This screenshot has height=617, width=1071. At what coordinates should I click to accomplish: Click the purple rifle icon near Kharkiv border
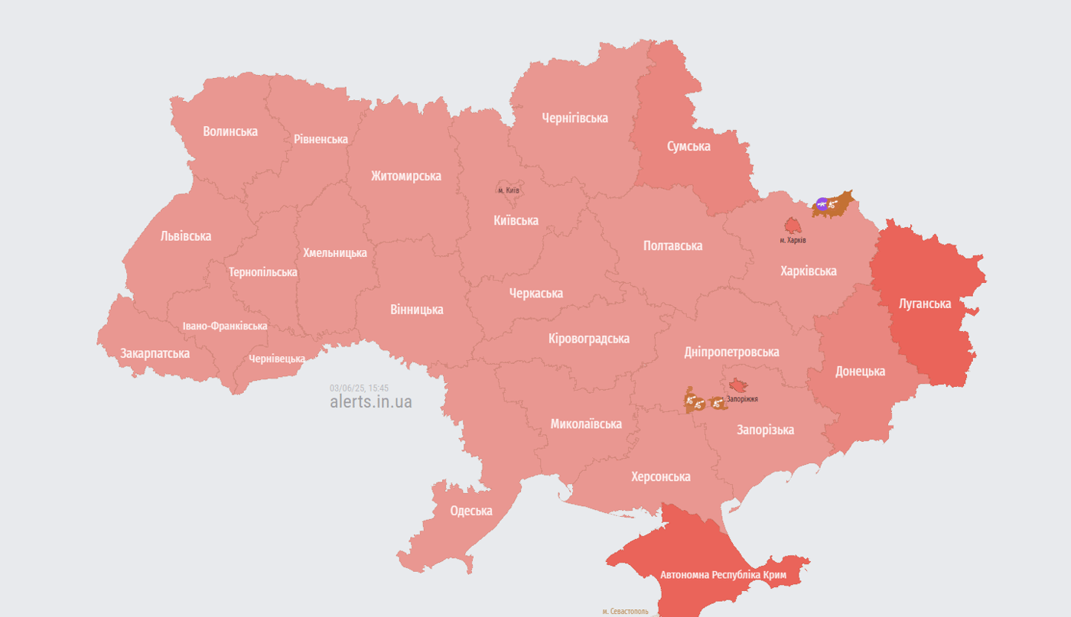point(822,204)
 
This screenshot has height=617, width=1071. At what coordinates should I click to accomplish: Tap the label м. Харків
point(793,240)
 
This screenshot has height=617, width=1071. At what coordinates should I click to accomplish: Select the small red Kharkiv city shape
point(792,226)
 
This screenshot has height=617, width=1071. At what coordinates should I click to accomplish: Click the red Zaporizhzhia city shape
point(739,385)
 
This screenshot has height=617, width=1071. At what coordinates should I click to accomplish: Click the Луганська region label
point(925,304)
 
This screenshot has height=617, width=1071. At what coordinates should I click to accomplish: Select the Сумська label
point(688,146)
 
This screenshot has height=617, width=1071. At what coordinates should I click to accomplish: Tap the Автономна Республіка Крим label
point(723,574)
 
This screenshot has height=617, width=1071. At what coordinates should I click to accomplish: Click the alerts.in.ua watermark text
point(371,401)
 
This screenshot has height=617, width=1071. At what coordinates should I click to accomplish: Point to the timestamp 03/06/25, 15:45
point(359,388)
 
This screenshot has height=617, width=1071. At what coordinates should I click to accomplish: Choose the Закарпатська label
point(155,353)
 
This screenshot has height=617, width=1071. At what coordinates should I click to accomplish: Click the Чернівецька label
point(277,359)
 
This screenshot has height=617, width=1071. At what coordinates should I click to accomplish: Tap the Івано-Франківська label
point(225,326)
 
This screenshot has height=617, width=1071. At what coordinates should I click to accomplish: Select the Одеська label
point(471,511)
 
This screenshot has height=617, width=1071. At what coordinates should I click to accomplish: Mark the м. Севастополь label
point(625,612)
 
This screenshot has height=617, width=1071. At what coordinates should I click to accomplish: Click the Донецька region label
point(860,371)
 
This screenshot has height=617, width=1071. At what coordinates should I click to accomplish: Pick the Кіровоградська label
point(589,338)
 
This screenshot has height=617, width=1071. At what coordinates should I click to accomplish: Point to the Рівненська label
point(321,139)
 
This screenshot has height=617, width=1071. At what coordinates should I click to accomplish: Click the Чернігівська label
point(575,118)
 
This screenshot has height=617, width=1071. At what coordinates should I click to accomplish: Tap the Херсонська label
point(660,476)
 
